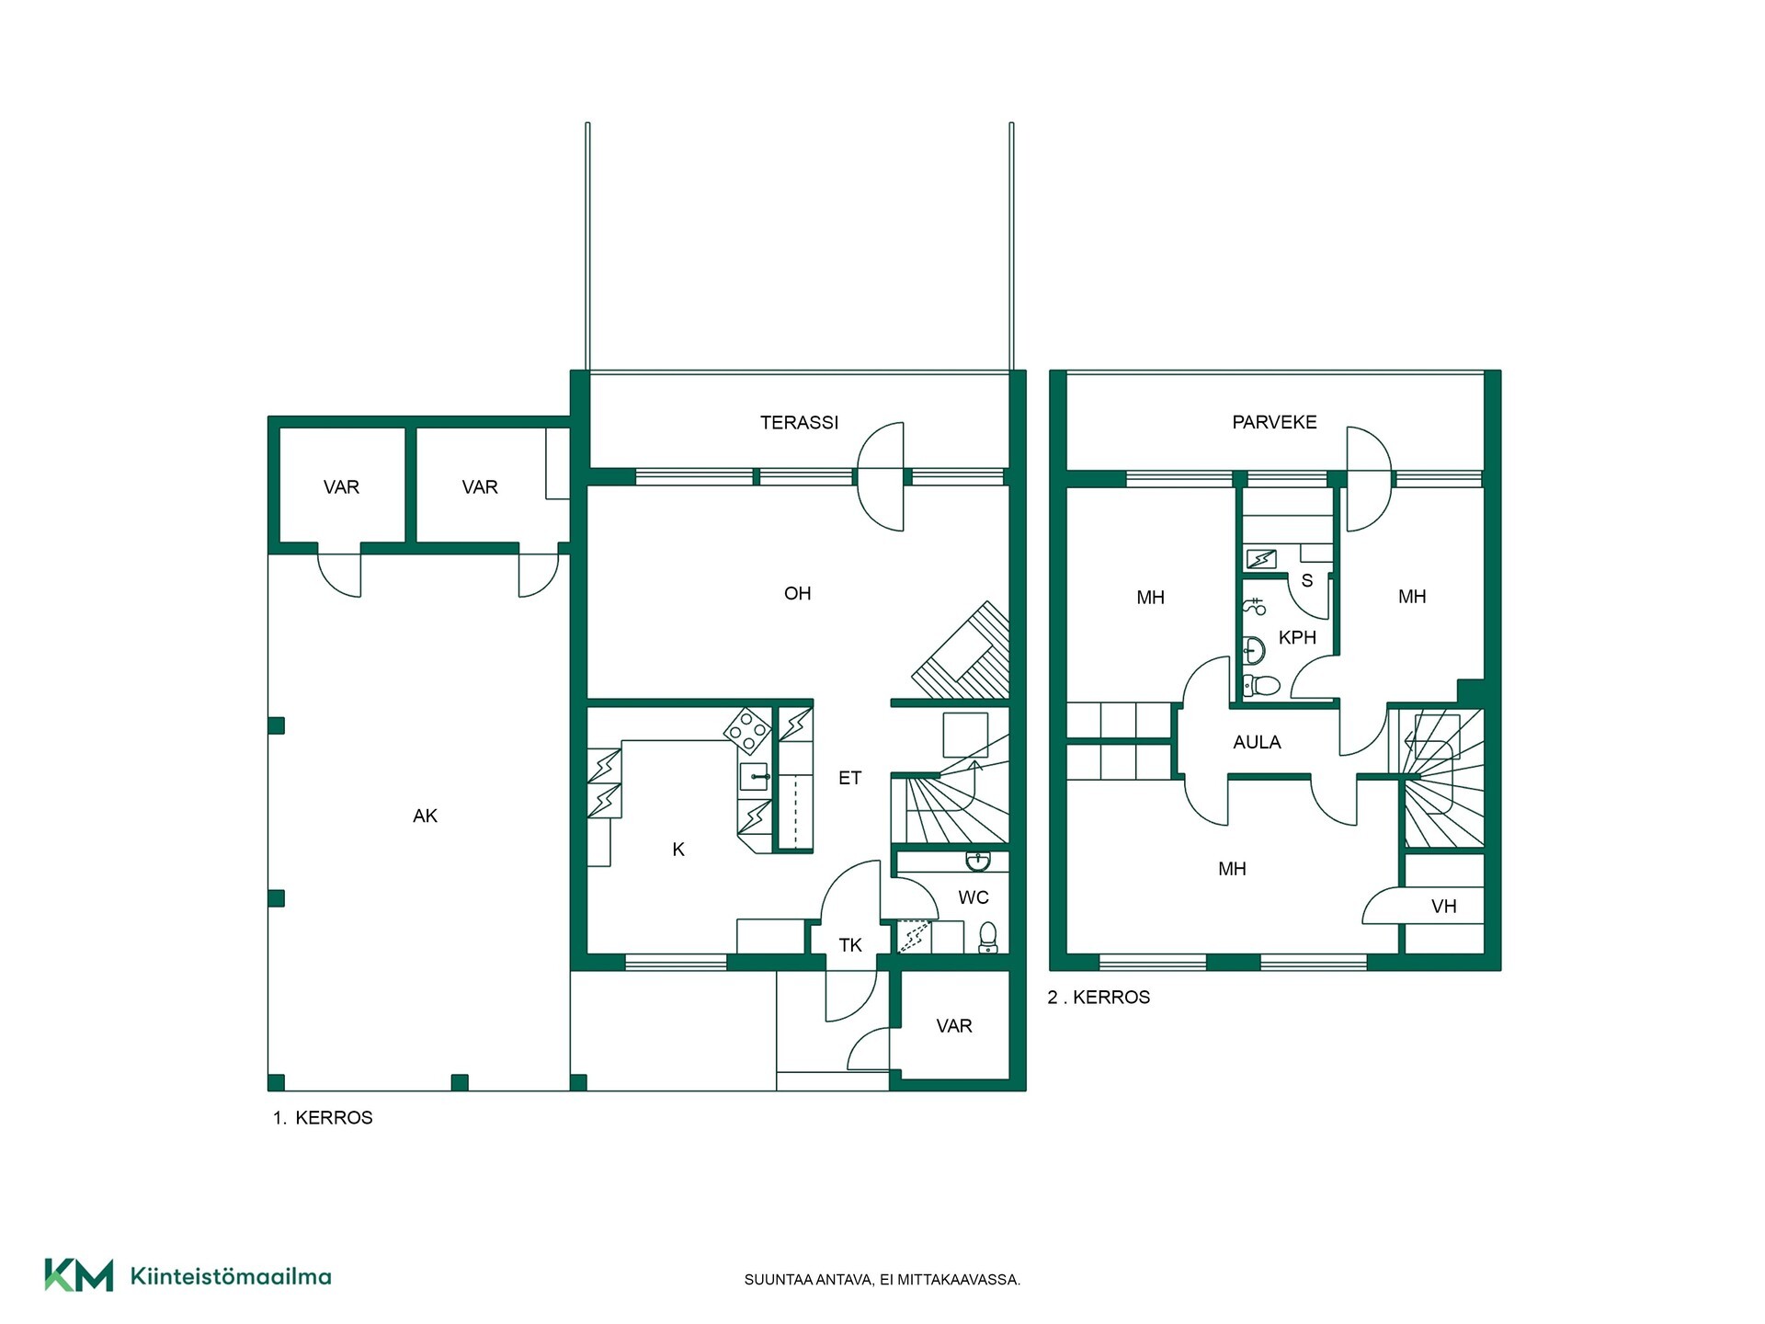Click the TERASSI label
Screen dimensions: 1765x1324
coord(799,423)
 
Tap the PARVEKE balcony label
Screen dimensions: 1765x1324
coord(1274,422)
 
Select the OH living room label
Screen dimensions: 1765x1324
coord(797,594)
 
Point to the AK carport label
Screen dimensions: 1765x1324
coord(425,816)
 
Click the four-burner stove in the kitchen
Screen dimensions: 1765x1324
coord(747,731)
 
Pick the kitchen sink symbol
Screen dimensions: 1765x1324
coord(754,776)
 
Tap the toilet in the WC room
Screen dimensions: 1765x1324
coord(987,937)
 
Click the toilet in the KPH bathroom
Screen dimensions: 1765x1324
coord(1261,685)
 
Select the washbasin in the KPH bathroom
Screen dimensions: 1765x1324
coord(1253,650)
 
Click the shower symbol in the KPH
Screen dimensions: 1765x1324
coord(1255,606)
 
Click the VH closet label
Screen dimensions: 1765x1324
coord(1444,907)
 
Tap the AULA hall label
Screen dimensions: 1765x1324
coord(1257,743)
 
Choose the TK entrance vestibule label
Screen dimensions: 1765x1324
coord(850,945)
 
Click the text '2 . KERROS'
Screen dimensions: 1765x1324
coord(1099,998)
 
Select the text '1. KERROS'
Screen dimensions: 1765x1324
coord(323,1118)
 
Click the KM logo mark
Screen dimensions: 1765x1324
coord(79,1275)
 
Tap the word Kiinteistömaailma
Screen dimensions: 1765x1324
coord(231,1276)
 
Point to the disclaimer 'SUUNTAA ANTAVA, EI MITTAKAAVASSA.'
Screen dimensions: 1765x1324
coord(882,1280)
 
